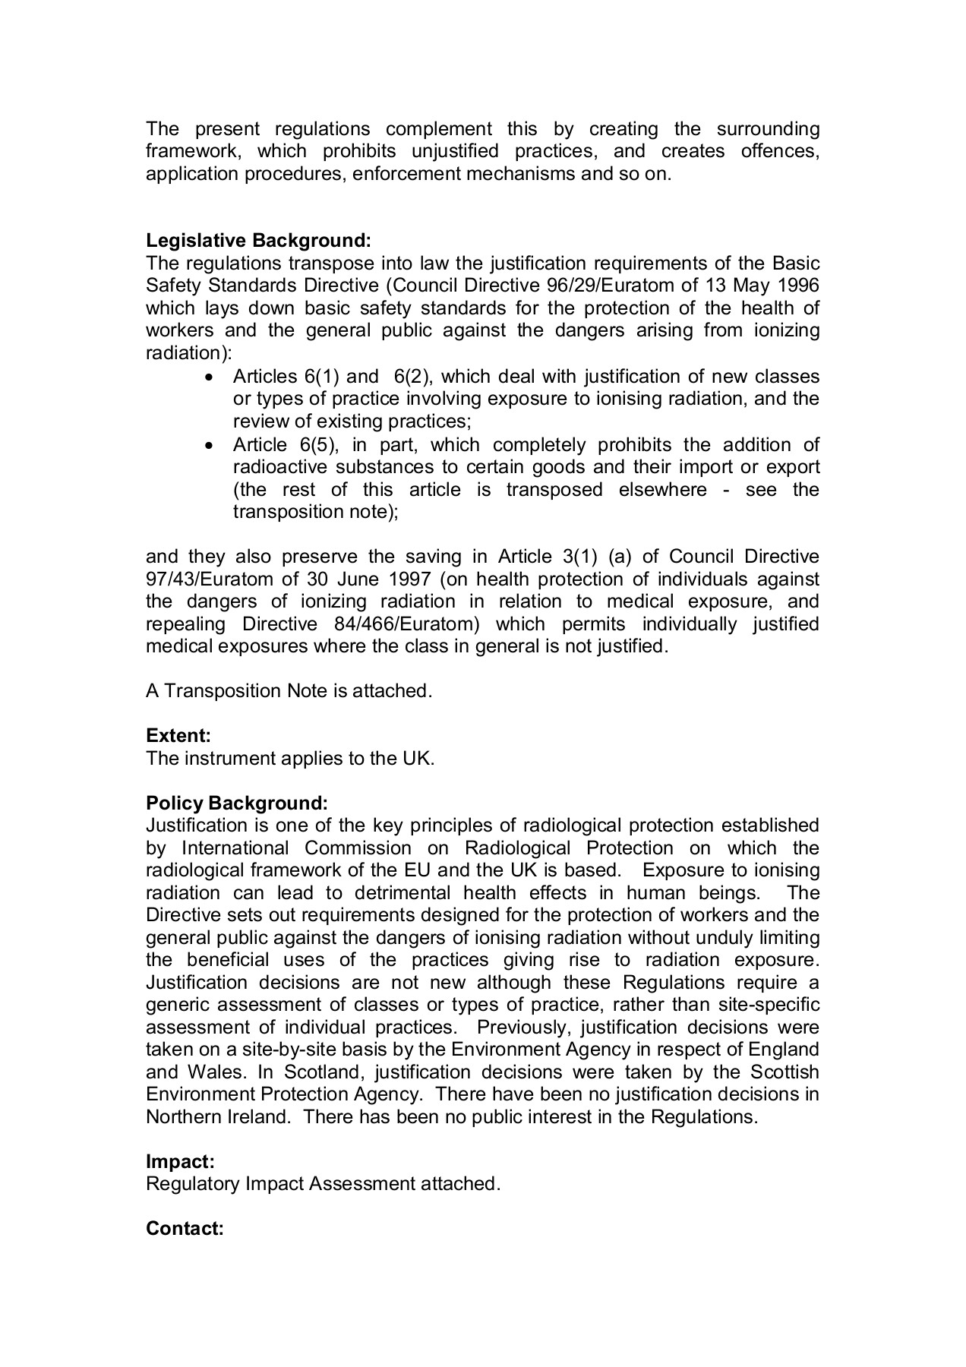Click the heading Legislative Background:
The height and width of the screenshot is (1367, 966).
[258, 241]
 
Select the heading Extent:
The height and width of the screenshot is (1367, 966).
[178, 736]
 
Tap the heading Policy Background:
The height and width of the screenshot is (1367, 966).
[237, 803]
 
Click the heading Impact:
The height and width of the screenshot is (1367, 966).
[180, 1161]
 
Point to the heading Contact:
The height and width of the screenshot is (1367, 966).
[185, 1229]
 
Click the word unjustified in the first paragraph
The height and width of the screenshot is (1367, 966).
[455, 151]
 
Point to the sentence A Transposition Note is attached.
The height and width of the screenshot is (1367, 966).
[289, 691]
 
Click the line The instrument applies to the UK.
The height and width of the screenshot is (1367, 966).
[290, 759]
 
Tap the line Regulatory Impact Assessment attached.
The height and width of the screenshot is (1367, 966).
[323, 1184]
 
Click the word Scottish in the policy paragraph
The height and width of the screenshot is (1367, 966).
[784, 1072]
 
